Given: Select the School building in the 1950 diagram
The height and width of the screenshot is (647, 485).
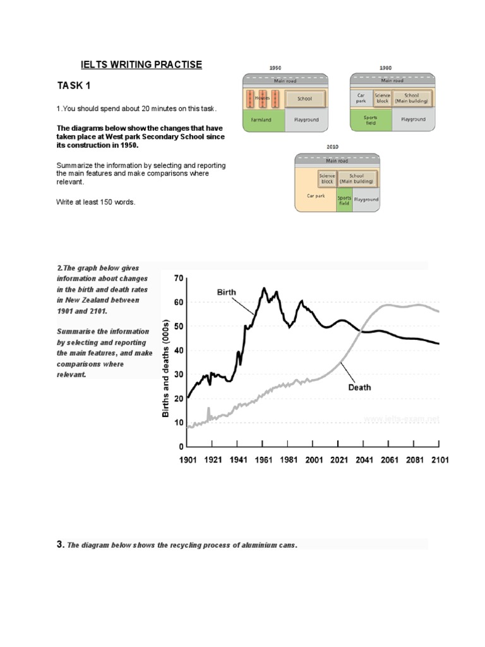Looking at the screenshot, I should click(305, 99).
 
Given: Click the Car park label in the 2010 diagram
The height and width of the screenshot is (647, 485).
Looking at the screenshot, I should click(316, 196).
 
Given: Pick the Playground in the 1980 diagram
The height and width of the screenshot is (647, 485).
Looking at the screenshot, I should click(413, 119).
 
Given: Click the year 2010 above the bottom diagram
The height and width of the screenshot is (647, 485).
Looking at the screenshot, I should click(333, 147).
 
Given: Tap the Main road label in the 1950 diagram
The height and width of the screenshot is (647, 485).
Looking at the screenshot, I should click(285, 80).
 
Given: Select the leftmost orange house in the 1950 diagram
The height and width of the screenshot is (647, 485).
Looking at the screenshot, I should click(251, 99).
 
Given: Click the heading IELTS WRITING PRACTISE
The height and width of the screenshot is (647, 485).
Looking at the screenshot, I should click(141, 65).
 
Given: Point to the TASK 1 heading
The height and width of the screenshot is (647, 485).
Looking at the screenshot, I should click(78, 86).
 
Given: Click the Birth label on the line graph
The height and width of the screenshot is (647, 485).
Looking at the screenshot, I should click(227, 293).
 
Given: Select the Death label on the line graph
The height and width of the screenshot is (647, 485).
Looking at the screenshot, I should click(359, 387).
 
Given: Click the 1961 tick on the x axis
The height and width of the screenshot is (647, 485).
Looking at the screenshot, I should click(263, 460).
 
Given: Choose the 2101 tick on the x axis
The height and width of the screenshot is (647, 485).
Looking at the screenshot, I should click(440, 460).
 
